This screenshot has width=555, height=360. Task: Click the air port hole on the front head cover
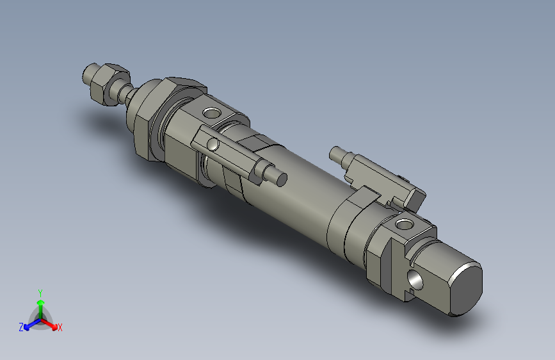tap(211, 115)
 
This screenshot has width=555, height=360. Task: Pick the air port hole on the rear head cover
tap(403, 224)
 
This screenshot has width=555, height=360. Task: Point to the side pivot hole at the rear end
tap(415, 280)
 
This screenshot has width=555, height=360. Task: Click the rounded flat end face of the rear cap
tap(464, 289)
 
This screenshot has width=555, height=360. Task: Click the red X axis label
tap(60, 327)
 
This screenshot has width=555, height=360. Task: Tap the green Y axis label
tap(40, 291)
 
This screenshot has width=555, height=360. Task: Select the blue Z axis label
tap(21, 327)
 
